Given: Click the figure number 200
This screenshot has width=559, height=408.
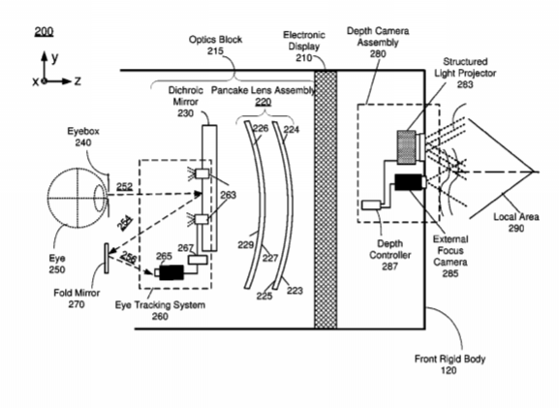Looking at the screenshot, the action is [x=44, y=32].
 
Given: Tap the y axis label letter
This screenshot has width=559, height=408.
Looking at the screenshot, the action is [x=55, y=58].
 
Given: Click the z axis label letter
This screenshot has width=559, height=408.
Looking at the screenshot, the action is [x=78, y=81].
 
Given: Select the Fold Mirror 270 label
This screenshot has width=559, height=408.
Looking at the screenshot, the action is [x=77, y=298].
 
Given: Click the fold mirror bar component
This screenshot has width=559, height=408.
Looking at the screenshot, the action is [x=107, y=259].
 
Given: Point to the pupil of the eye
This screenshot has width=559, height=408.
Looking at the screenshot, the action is [x=100, y=199].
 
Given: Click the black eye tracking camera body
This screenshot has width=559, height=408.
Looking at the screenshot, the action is [x=171, y=272].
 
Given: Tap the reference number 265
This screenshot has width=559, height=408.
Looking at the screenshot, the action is [x=164, y=256].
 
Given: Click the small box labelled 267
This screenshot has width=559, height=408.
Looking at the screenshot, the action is [x=198, y=260].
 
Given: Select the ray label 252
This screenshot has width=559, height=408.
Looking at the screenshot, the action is [x=124, y=186].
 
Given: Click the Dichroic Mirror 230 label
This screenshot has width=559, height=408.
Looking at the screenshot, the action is [x=185, y=102].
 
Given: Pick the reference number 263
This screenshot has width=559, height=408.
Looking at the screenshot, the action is [x=229, y=195].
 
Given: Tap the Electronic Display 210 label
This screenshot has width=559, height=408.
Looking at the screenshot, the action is [x=304, y=46].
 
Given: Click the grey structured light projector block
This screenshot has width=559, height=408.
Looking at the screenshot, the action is [x=407, y=147].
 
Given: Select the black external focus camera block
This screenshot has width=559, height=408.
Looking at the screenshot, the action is [x=408, y=182].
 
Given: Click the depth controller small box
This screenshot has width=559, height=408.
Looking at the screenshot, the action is [x=371, y=204].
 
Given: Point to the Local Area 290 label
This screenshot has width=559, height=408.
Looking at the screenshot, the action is [x=515, y=222].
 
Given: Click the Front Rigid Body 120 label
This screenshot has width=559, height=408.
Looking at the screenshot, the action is [x=450, y=364].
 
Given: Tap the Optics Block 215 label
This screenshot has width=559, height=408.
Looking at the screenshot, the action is [x=215, y=45].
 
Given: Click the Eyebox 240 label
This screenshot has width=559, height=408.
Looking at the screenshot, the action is [x=83, y=137].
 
